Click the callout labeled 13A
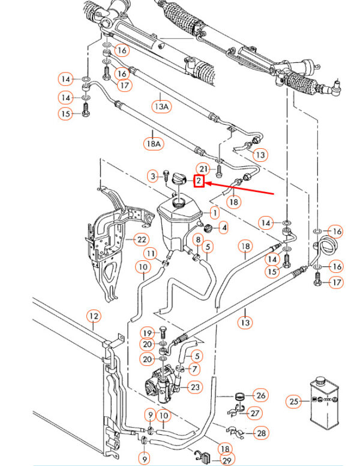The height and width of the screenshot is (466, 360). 161,107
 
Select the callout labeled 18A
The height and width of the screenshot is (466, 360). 153,143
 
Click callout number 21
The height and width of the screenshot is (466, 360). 203,169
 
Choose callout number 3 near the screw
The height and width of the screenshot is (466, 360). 153,176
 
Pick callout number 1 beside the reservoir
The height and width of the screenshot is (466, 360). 215,212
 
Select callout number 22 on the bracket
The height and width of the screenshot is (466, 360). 140,240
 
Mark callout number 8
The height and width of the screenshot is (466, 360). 196,240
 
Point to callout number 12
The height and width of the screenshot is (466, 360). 94,315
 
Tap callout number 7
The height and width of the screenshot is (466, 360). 195,368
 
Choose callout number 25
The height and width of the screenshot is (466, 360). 293,401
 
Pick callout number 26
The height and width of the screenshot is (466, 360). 260,396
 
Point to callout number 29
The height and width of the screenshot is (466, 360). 226,459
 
